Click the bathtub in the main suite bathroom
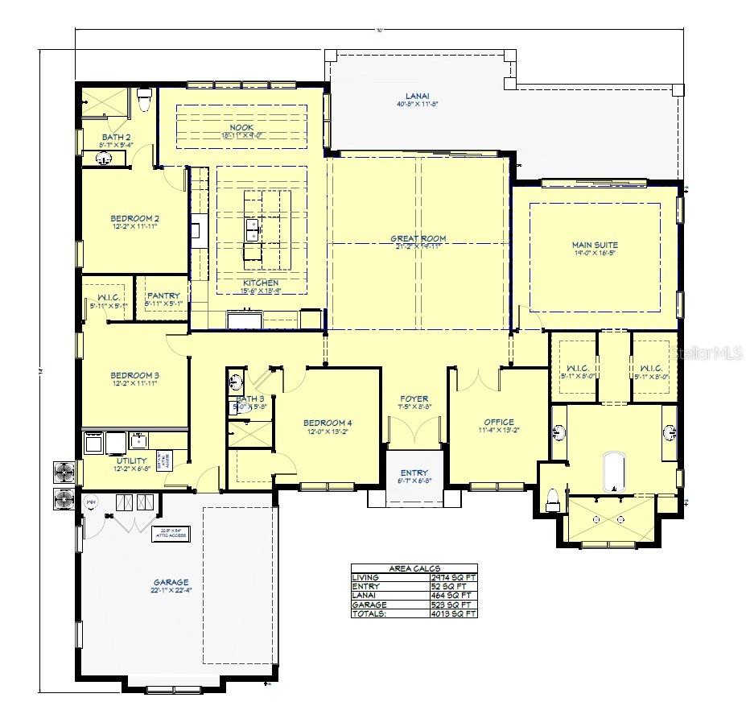point(615,473)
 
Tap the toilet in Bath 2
point(145,101)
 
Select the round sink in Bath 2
point(105,159)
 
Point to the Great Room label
point(418,238)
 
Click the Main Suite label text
point(595,244)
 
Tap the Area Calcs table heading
point(414,568)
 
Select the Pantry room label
point(163,295)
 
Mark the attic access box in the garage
point(171,535)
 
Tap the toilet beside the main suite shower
point(553,500)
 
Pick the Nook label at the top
point(241,127)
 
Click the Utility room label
point(132,461)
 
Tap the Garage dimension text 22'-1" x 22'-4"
point(171,590)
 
